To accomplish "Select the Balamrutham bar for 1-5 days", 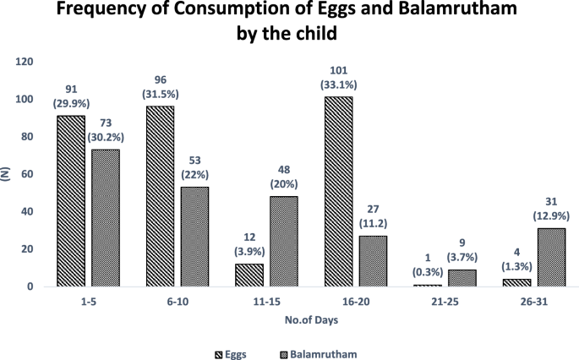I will [x=105, y=218].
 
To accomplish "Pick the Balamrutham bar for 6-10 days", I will [x=194, y=237].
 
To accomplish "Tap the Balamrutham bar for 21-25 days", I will [x=462, y=277].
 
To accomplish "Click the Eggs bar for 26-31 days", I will [x=517, y=282].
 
